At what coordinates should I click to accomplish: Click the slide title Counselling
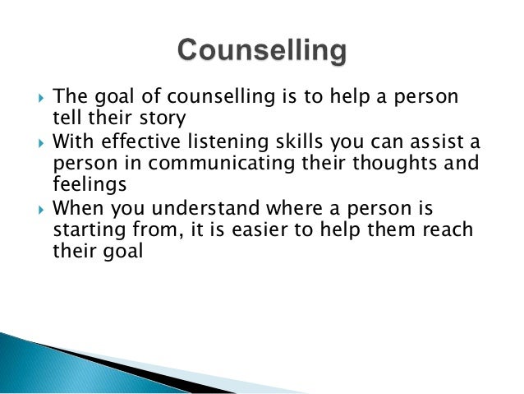(x=261, y=52)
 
